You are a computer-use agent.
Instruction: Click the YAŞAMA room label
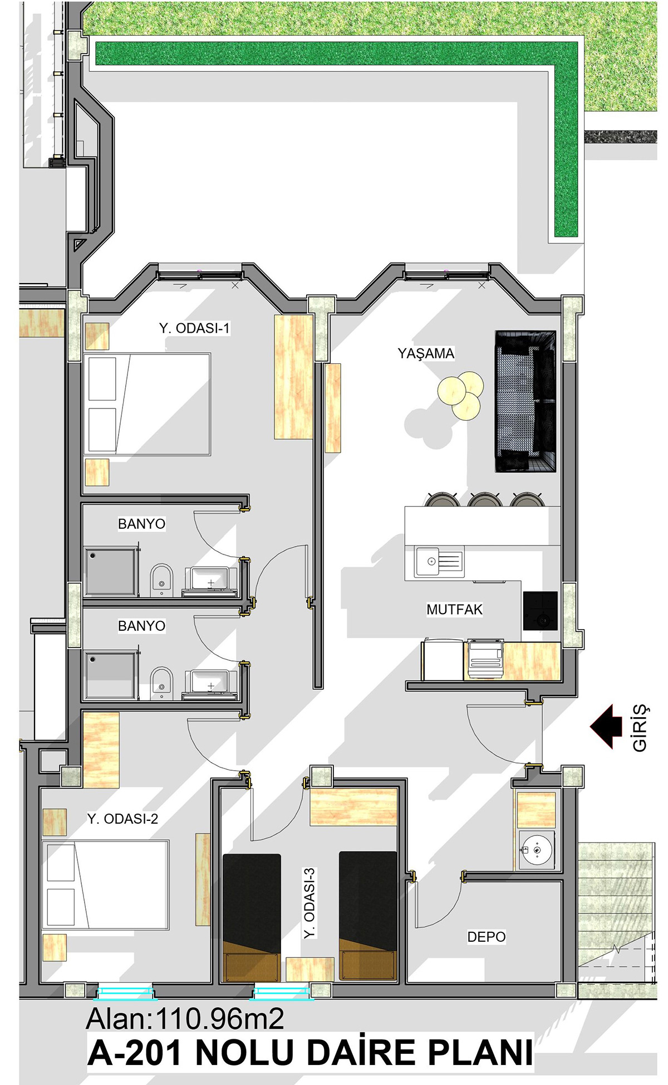tap(426, 353)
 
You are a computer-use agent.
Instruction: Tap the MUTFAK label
tap(454, 609)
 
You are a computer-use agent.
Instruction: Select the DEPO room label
tap(487, 937)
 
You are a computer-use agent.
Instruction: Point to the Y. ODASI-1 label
tap(194, 328)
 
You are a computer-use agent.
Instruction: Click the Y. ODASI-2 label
tap(122, 819)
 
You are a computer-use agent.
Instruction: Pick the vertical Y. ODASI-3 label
tap(310, 903)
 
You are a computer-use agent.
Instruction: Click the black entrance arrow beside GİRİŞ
tap(606, 726)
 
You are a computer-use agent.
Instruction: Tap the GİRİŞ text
tap(640, 727)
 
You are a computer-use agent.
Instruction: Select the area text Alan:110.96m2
tap(185, 1019)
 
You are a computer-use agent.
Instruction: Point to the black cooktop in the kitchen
tap(540, 611)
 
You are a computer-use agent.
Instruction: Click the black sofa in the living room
tap(525, 401)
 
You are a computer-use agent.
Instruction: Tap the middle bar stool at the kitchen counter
tap(485, 499)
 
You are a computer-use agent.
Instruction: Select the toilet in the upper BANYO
tap(161, 580)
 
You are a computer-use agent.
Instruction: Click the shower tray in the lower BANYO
tap(111, 674)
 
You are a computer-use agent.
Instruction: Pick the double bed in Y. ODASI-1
tap(147, 404)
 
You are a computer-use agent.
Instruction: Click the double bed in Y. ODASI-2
tap(105, 885)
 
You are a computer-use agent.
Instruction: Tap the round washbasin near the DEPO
tap(537, 850)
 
